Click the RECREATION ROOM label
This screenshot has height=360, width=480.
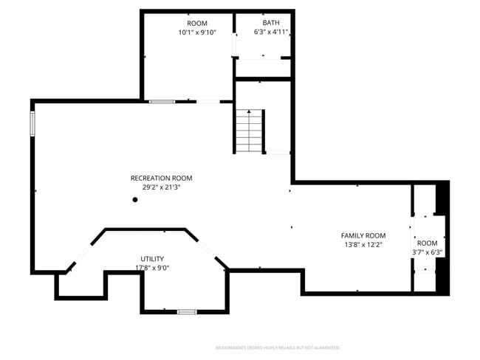(161, 178)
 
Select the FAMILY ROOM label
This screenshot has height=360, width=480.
(363, 235)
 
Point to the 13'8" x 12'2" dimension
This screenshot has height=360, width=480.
(363, 245)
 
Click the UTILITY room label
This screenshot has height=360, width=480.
(149, 259)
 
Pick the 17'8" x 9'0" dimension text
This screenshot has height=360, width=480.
(149, 268)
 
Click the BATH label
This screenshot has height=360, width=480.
(271, 23)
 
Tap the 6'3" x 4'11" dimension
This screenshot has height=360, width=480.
(271, 32)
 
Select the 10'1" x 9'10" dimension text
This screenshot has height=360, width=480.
(196, 32)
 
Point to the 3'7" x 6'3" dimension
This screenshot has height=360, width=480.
(427, 252)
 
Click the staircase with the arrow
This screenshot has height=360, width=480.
(250, 131)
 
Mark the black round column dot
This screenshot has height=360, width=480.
(135, 199)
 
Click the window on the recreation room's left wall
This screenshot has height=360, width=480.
(32, 123)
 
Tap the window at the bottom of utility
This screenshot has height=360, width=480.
(187, 312)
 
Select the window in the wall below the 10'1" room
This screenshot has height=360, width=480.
(161, 101)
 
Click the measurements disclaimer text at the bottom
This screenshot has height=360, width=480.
(278, 347)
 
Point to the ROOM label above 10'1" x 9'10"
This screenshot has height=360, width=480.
(196, 23)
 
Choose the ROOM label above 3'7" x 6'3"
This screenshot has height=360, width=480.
(427, 243)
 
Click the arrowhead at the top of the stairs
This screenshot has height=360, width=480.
(250, 112)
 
